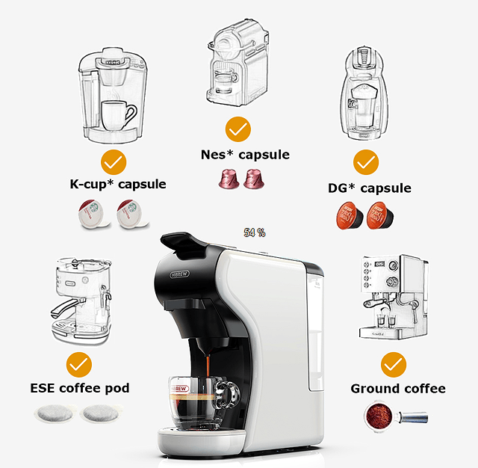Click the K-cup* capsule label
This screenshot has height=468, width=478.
(114, 184)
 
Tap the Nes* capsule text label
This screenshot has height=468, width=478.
(245, 156)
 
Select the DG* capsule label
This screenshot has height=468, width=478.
(369, 188)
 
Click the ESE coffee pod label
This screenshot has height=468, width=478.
(80, 388)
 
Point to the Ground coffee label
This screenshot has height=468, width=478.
(398, 389)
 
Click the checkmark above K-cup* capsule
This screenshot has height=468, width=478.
(114, 161)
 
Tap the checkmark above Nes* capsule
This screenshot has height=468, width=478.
(238, 129)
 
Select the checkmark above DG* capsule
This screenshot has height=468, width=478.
(366, 161)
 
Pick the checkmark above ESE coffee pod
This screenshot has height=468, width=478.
(78, 365)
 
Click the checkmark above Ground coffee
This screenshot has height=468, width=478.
(394, 365)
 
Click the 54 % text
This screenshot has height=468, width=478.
(255, 233)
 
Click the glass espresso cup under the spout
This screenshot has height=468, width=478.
(200, 401)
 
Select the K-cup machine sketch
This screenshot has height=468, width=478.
(109, 97)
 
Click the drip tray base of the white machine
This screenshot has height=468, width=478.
(199, 441)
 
